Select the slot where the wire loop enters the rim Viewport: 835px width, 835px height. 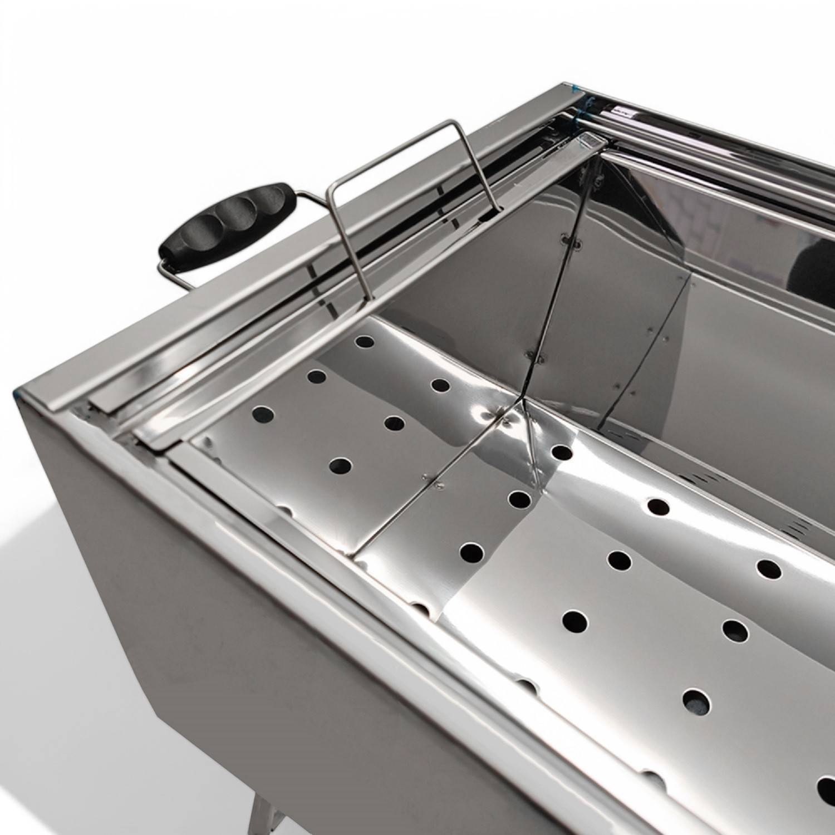497,209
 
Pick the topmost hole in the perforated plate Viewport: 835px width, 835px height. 365,341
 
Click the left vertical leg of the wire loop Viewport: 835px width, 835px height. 341,239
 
